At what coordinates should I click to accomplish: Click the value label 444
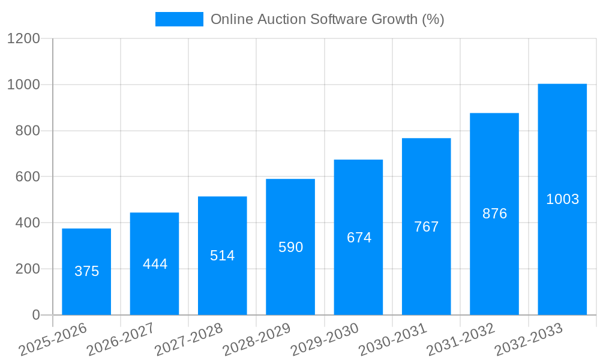pos(155,264)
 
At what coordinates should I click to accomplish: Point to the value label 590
pos(290,247)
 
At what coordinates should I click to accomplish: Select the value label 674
pos(359,238)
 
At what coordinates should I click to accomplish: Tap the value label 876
pos(494,214)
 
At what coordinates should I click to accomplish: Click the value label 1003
pos(562,199)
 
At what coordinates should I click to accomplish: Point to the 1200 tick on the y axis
pos(23,39)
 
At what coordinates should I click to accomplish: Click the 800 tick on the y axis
pos(28,131)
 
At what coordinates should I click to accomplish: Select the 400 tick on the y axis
pos(28,223)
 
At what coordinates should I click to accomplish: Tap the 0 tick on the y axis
pos(36,315)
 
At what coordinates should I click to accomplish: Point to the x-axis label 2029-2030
pos(325,339)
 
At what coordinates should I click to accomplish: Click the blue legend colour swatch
pos(179,19)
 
